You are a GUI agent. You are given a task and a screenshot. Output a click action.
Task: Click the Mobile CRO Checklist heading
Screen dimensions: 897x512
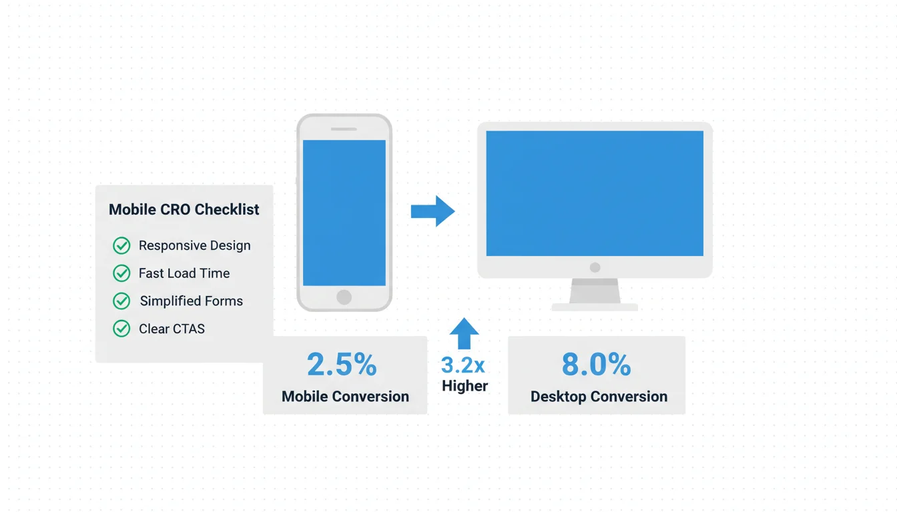tap(184, 209)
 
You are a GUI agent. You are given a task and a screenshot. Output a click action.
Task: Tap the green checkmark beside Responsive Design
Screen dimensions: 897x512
tap(121, 245)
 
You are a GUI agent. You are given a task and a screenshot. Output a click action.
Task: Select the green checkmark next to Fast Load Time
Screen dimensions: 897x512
tap(121, 273)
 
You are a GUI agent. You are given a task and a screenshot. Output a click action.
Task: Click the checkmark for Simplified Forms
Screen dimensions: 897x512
tap(121, 301)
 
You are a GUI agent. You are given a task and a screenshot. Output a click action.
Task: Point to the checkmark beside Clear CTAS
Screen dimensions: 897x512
tap(121, 329)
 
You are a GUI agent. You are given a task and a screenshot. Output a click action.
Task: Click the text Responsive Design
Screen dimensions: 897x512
tap(195, 245)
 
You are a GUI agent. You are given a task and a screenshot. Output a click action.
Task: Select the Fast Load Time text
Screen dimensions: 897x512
tap(184, 273)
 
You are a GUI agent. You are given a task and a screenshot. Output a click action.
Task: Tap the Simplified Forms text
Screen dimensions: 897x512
tap(192, 301)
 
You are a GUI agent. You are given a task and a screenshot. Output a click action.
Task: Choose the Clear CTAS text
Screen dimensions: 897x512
tap(172, 329)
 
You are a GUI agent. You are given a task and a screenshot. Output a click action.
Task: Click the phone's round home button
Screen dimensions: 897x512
tap(344, 297)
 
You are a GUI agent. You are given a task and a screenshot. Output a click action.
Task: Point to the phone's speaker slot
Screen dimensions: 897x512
tap(344, 129)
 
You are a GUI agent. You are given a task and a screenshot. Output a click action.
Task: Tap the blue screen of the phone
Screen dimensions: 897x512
tap(344, 213)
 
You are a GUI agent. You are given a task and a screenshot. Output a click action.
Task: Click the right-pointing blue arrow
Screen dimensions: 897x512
tap(433, 211)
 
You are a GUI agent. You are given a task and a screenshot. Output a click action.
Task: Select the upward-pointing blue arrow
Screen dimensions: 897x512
tap(464, 333)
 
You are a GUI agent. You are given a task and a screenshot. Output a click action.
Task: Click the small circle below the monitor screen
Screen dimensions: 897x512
tap(595, 267)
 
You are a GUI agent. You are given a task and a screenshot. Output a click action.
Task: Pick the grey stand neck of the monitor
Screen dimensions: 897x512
tap(595, 291)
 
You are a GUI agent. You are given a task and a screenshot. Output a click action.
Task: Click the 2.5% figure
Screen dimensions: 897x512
tap(342, 365)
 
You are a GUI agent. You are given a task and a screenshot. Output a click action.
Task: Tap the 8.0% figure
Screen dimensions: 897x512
tap(596, 365)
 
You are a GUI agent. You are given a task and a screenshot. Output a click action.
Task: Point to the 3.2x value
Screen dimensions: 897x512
tap(463, 365)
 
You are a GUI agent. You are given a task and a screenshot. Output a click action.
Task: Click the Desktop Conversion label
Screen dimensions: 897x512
tap(599, 397)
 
